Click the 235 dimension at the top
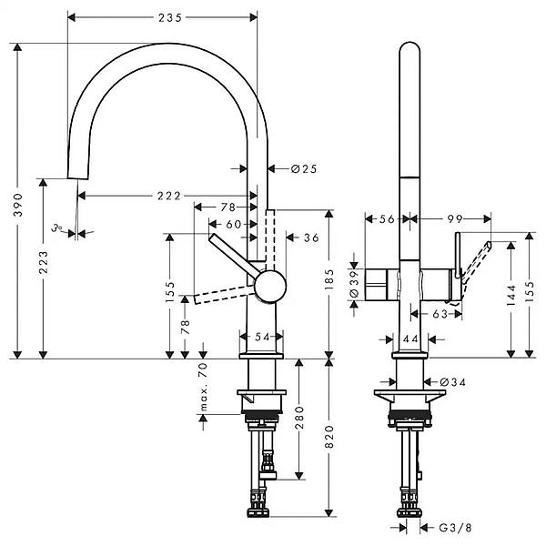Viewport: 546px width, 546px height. tap(164, 16)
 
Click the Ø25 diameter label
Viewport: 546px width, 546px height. tap(303, 168)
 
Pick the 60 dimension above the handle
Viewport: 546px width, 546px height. tap(234, 224)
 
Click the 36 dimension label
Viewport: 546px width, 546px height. tap(310, 238)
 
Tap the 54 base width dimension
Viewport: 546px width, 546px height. tap(263, 337)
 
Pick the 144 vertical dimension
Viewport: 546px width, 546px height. tap(511, 293)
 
